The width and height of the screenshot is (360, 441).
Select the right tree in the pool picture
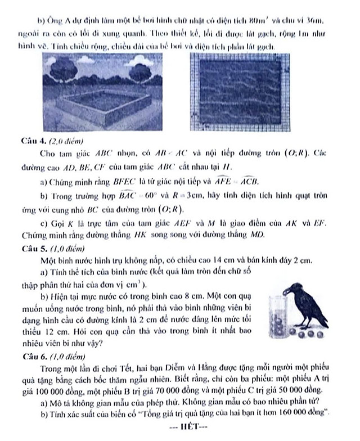(138, 72)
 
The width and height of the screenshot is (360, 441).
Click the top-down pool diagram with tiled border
(237, 93)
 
